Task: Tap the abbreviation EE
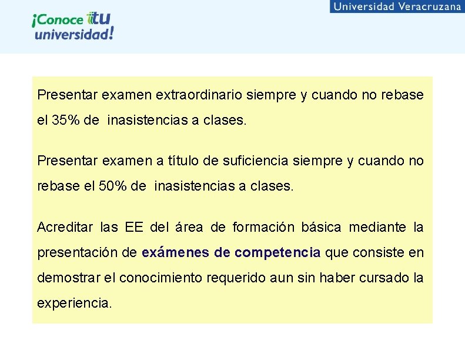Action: tap(131, 227)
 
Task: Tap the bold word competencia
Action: tap(277, 253)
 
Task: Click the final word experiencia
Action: tap(74, 304)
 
